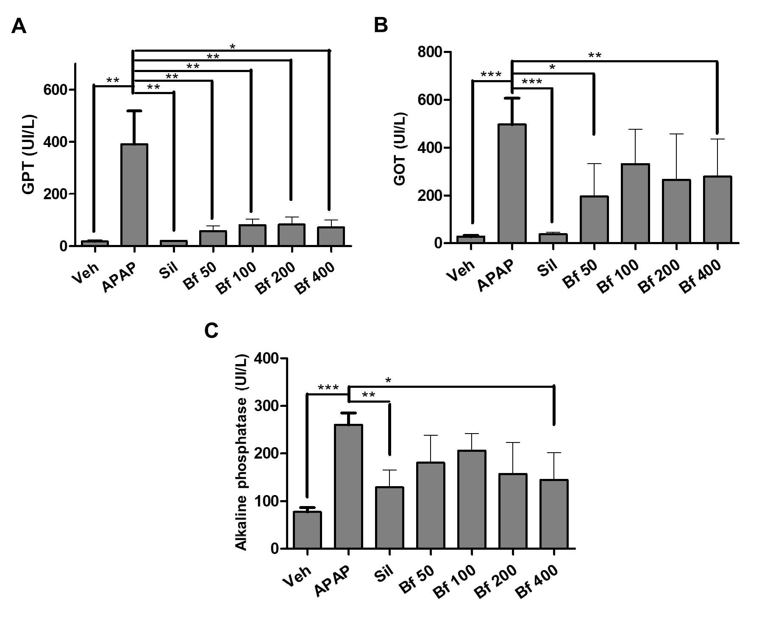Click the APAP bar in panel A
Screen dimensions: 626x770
(134, 195)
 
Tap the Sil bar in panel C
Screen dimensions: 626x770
(389, 518)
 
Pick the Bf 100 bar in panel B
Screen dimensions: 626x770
(636, 203)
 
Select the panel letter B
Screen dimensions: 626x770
(381, 26)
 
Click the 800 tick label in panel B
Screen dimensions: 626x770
(430, 52)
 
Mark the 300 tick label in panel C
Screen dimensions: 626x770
(266, 406)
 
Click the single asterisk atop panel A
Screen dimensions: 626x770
(232, 46)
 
